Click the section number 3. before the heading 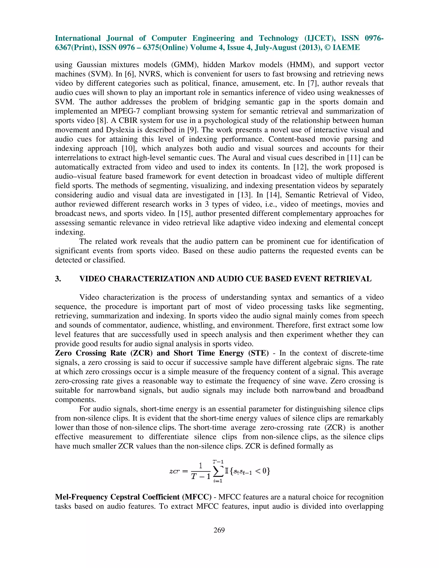click(x=58, y=279)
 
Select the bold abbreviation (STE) click(x=257, y=353)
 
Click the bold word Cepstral click(x=125, y=497)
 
